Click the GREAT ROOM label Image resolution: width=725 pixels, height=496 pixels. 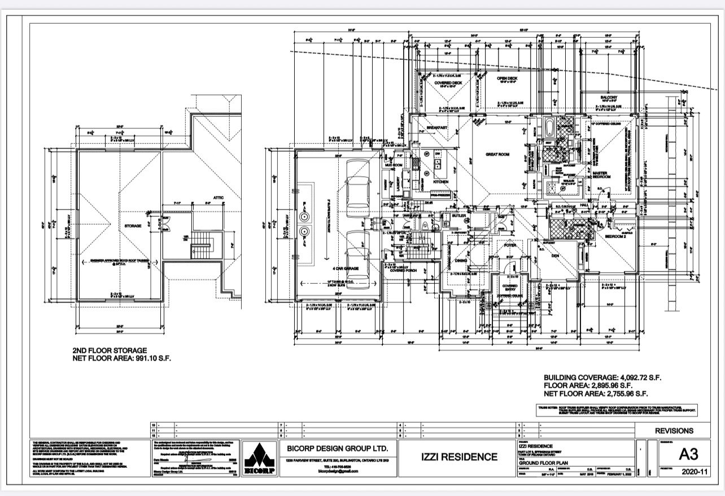pyautogui.click(x=498, y=154)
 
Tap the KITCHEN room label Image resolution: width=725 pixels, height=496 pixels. pyautogui.click(x=440, y=182)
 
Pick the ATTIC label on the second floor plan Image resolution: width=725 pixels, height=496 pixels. pyautogui.click(x=219, y=197)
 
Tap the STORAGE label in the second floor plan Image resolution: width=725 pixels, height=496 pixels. pyautogui.click(x=133, y=226)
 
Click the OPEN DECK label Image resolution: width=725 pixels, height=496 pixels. pyautogui.click(x=508, y=79)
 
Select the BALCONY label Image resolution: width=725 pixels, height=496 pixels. pyautogui.click(x=609, y=98)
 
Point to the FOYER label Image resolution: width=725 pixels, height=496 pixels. pyautogui.click(x=510, y=245)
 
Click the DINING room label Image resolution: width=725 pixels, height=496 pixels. pyautogui.click(x=461, y=260)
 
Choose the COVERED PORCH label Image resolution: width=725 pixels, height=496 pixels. pyautogui.click(x=403, y=270)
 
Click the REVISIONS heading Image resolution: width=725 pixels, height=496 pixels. pyautogui.click(x=674, y=431)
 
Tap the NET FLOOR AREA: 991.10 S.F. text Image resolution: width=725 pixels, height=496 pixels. pyautogui.click(x=121, y=358)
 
